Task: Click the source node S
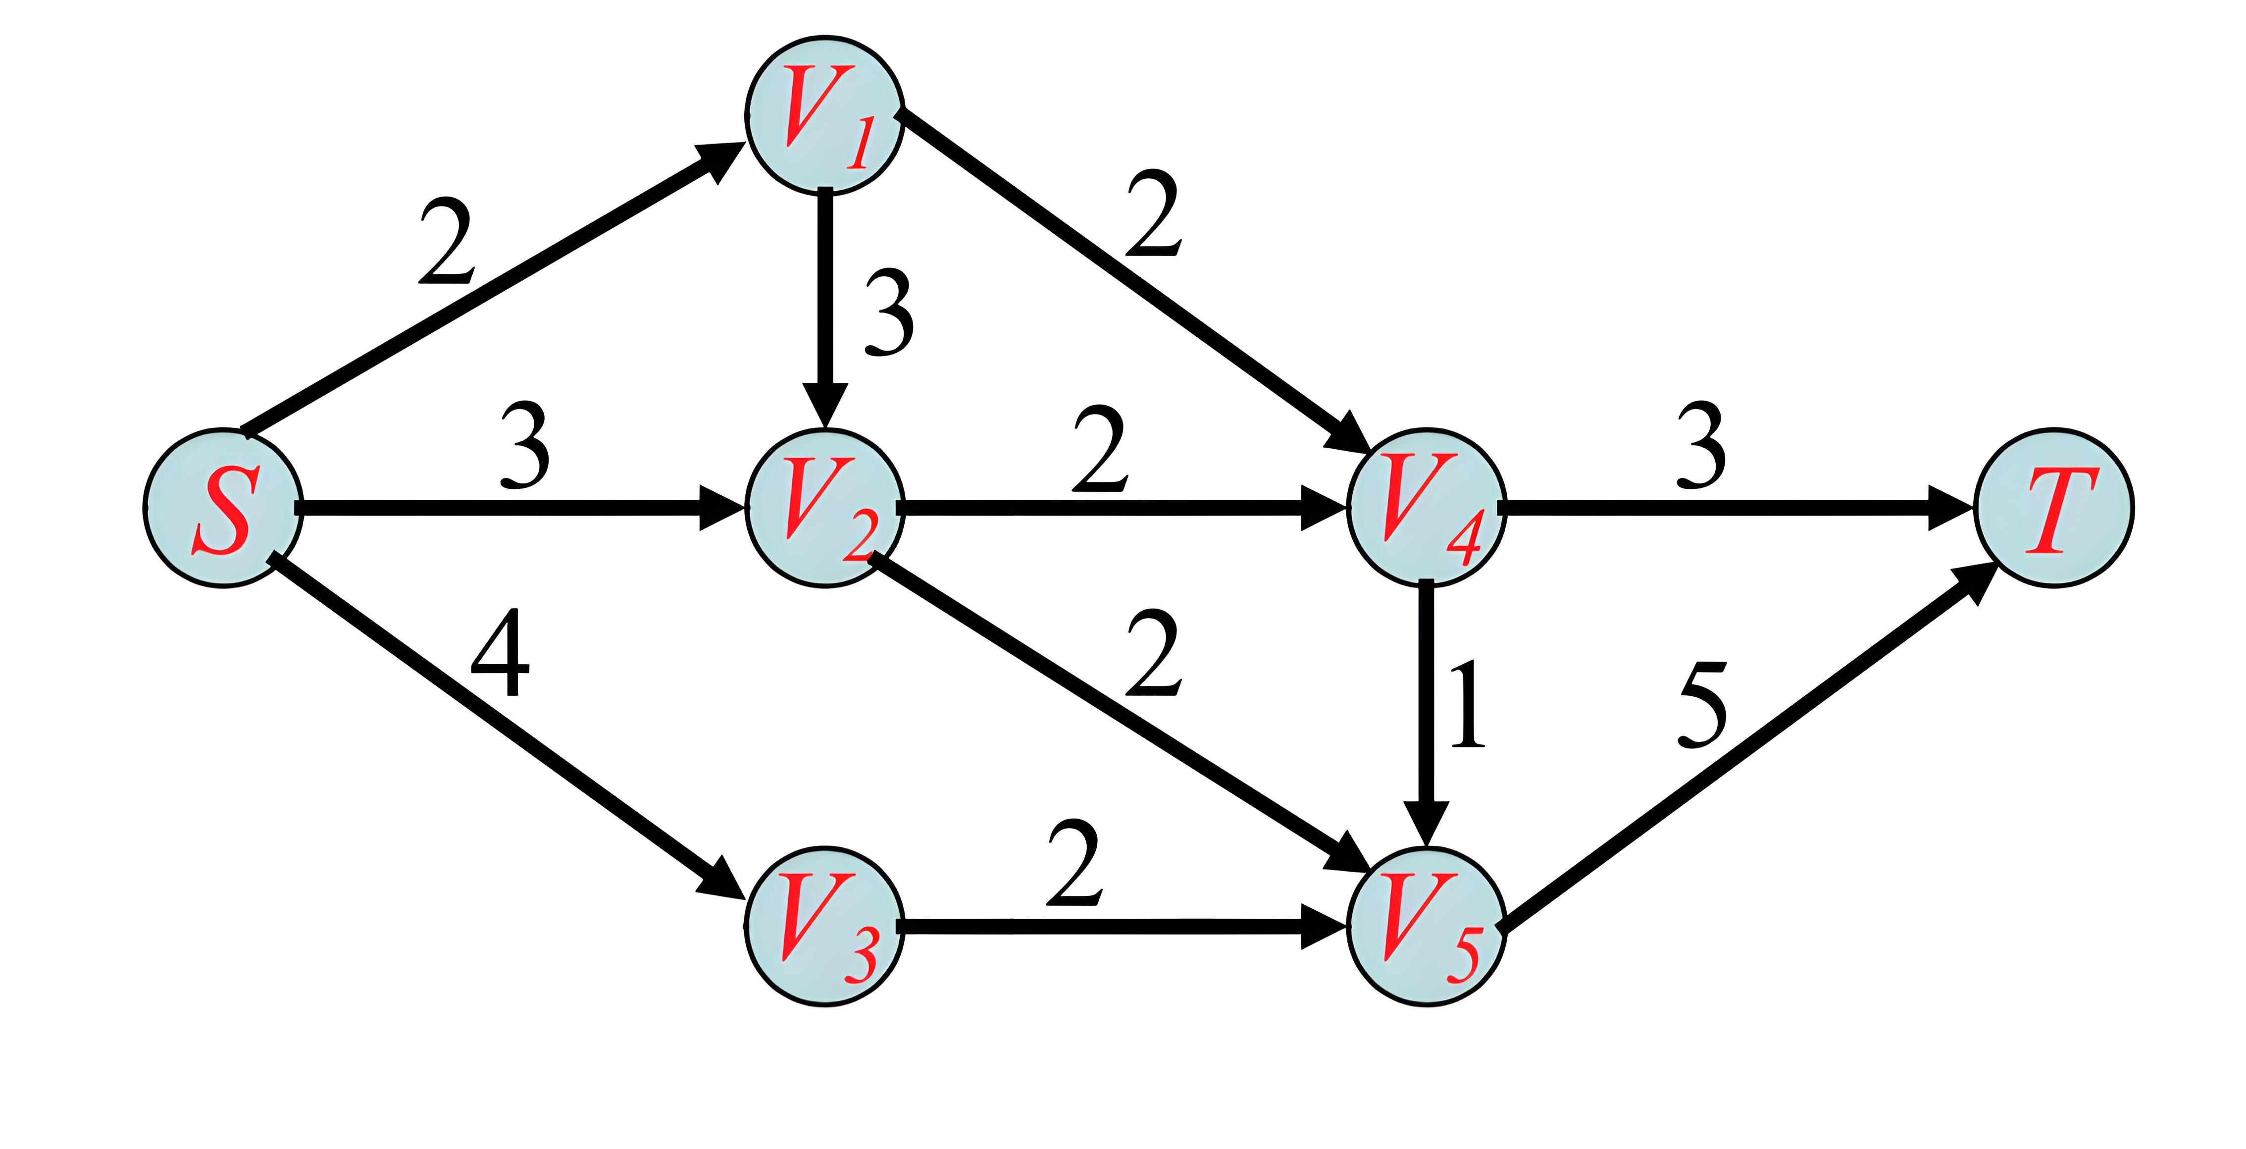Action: (x=223, y=508)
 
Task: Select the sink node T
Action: (x=2054, y=508)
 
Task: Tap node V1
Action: (x=824, y=114)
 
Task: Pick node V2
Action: (x=824, y=508)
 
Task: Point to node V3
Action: (x=824, y=926)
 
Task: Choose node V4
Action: (x=1427, y=508)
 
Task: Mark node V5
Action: (x=1427, y=926)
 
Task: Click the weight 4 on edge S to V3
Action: (x=501, y=653)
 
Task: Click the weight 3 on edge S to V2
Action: (x=525, y=445)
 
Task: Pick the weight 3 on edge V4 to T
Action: (x=1701, y=445)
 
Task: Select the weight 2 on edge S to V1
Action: (x=447, y=242)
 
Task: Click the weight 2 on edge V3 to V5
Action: (x=1074, y=863)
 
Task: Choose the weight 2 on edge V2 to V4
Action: (x=1100, y=449)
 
